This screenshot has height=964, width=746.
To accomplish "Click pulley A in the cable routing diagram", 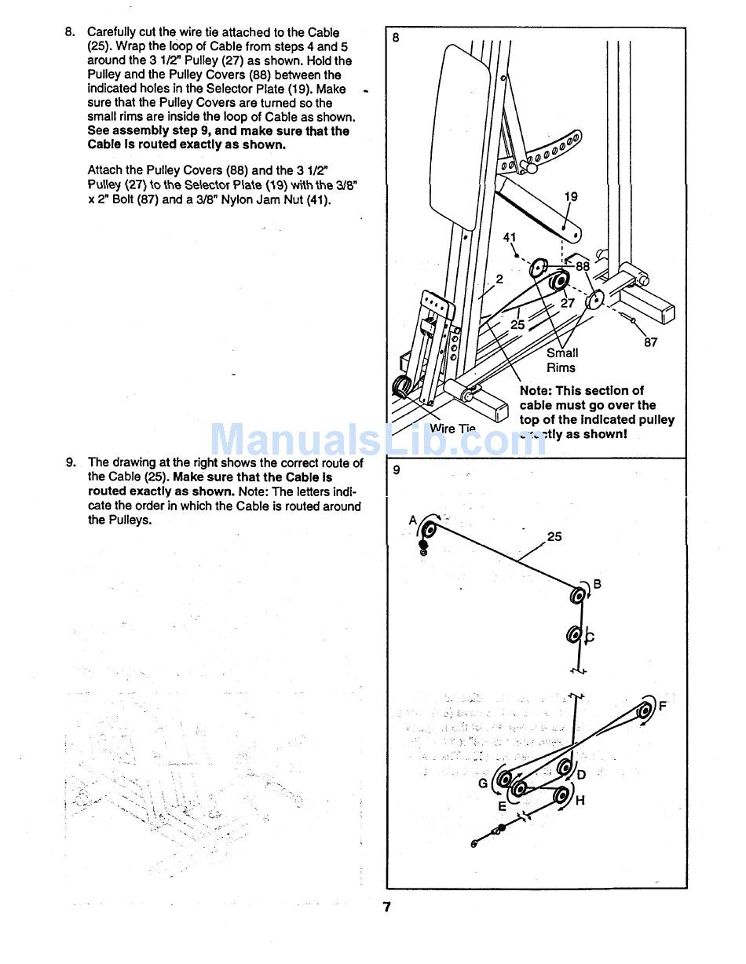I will tap(429, 529).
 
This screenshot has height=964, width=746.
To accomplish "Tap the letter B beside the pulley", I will tap(597, 584).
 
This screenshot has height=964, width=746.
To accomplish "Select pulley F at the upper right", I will tap(645, 710).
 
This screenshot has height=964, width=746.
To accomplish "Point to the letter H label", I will tap(580, 801).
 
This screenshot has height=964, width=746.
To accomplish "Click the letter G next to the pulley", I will tap(483, 783).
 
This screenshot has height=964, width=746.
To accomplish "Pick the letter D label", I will tap(581, 775).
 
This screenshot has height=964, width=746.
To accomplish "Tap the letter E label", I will tap(502, 806).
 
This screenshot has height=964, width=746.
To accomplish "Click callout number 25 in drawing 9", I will tap(554, 537).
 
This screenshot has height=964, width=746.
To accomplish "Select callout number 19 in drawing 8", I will tap(571, 196).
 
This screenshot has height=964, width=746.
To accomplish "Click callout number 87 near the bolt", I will tap(650, 342).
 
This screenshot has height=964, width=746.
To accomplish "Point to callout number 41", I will tap(510, 237).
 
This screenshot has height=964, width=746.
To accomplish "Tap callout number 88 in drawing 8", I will tap(582, 266).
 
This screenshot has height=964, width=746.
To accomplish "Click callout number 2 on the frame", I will tap(499, 279).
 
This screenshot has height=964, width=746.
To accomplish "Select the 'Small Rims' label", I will tap(561, 360).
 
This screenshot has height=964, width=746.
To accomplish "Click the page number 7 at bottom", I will tap(386, 907).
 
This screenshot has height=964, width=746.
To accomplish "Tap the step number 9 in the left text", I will tap(70, 462).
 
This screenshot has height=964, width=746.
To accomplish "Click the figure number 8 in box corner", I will tap(396, 37).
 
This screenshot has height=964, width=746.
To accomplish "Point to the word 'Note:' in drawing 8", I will tap(536, 390).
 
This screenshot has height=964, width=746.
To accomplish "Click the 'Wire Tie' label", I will tap(452, 429).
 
